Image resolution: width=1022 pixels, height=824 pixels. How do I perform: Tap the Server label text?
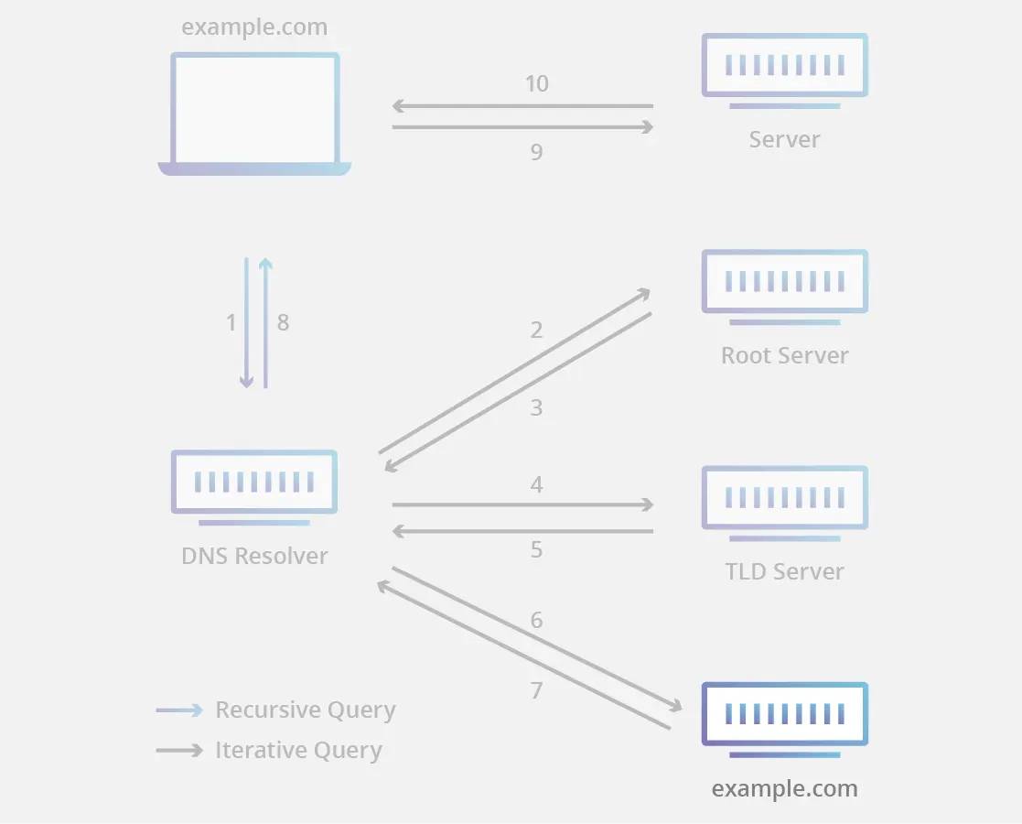(784, 139)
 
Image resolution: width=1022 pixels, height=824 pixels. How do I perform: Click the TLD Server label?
(784, 571)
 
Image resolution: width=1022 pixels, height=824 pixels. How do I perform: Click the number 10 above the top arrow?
(536, 84)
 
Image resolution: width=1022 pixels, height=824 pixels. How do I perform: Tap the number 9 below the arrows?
(536, 152)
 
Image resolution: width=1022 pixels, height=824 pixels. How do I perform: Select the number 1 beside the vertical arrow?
(231, 322)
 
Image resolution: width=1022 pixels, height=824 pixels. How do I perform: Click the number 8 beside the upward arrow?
(283, 322)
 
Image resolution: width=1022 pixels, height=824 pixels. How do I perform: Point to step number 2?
(536, 330)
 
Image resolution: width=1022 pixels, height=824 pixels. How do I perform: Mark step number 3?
(536, 407)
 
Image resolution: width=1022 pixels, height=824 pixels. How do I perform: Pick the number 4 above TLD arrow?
(536, 483)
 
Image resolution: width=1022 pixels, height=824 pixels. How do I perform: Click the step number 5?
(536, 549)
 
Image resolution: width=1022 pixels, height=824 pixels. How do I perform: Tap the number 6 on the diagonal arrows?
(536, 620)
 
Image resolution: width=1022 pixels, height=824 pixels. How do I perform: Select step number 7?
(536, 690)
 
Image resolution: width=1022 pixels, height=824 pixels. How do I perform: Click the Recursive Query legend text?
(305, 710)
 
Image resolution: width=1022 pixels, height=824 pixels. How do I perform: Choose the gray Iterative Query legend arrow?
(179, 750)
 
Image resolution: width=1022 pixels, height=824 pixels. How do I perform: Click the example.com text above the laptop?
(254, 27)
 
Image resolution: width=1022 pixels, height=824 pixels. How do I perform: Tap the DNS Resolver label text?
(254, 555)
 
